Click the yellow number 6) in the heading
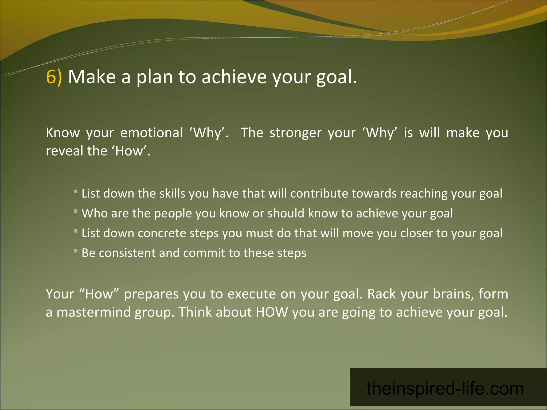pyautogui.click(x=54, y=77)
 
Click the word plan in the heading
pyautogui.click(x=155, y=77)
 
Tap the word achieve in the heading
pyautogui.click(x=234, y=77)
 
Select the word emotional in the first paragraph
pyautogui.click(x=151, y=133)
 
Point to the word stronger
pyautogui.click(x=295, y=133)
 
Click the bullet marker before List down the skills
pyautogui.click(x=76, y=191)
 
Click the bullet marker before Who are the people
pyautogui.click(x=76, y=211)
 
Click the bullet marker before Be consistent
pyautogui.click(x=76, y=251)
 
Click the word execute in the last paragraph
pyautogui.click(x=252, y=294)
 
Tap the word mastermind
pyautogui.click(x=93, y=312)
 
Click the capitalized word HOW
pyautogui.click(x=272, y=312)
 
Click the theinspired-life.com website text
pyautogui.click(x=445, y=389)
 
